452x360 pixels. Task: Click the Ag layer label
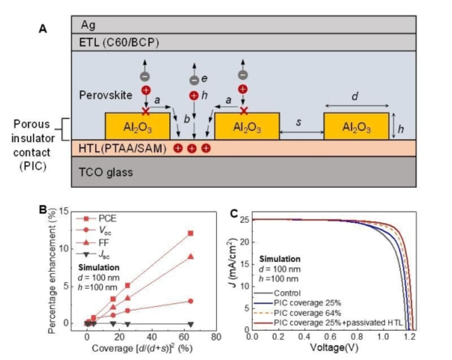pos(88,24)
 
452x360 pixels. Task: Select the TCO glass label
pos(106,172)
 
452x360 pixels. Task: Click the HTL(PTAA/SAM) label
pos(122,148)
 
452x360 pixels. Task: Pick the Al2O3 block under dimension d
pos(356,126)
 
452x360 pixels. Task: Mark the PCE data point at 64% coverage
pos(190,233)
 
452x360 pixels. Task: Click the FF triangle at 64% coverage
pos(190,256)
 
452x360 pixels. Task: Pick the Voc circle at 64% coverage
pos(190,301)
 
